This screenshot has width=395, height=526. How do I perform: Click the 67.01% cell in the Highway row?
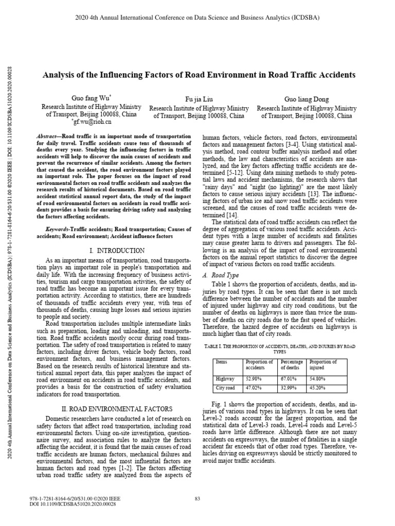tap(289, 379)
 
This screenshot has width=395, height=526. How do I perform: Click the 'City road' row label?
tap(225, 388)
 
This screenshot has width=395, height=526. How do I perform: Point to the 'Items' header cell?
tap(222, 362)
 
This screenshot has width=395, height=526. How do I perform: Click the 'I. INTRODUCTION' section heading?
tap(117, 251)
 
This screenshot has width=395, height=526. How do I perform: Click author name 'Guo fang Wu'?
tap(87, 98)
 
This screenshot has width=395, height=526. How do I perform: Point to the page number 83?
tap(197, 498)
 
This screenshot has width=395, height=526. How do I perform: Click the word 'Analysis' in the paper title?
tap(59, 74)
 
